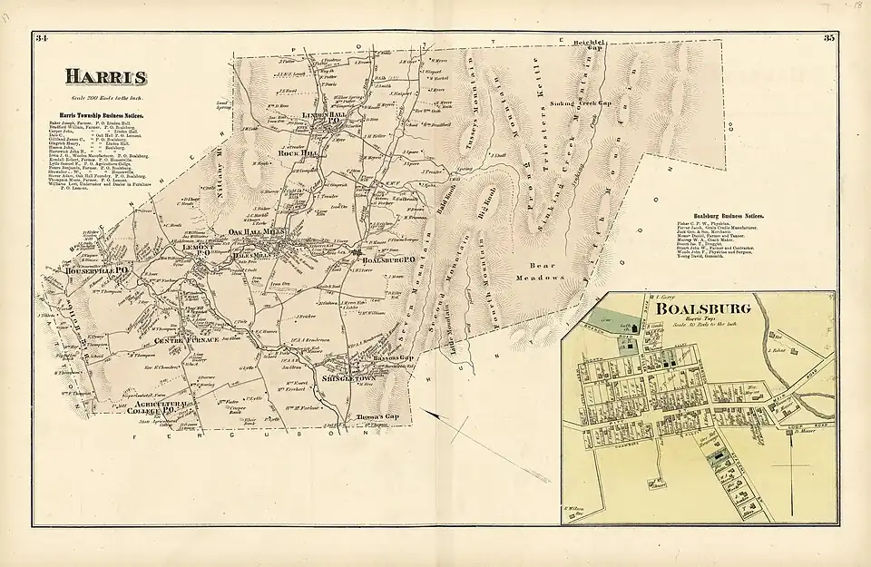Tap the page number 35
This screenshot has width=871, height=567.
(828, 38)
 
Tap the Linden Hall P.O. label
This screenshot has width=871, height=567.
(324, 118)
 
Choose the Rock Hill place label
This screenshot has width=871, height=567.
(300, 153)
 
